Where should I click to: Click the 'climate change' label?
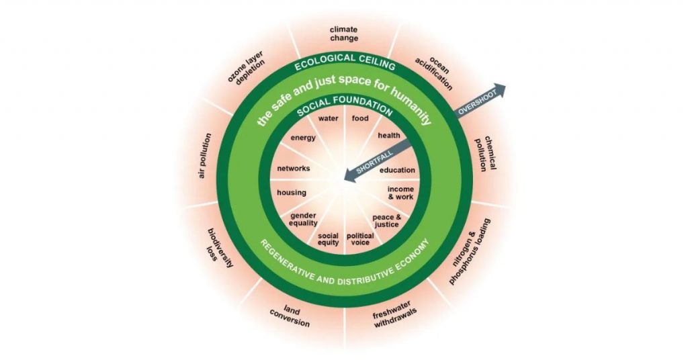pyautogui.click(x=343, y=33)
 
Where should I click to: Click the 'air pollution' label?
pyautogui.click(x=203, y=154)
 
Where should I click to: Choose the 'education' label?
pyautogui.click(x=397, y=170)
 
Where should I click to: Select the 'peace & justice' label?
pyautogui.click(x=386, y=221)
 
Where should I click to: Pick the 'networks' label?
pyautogui.click(x=293, y=169)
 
